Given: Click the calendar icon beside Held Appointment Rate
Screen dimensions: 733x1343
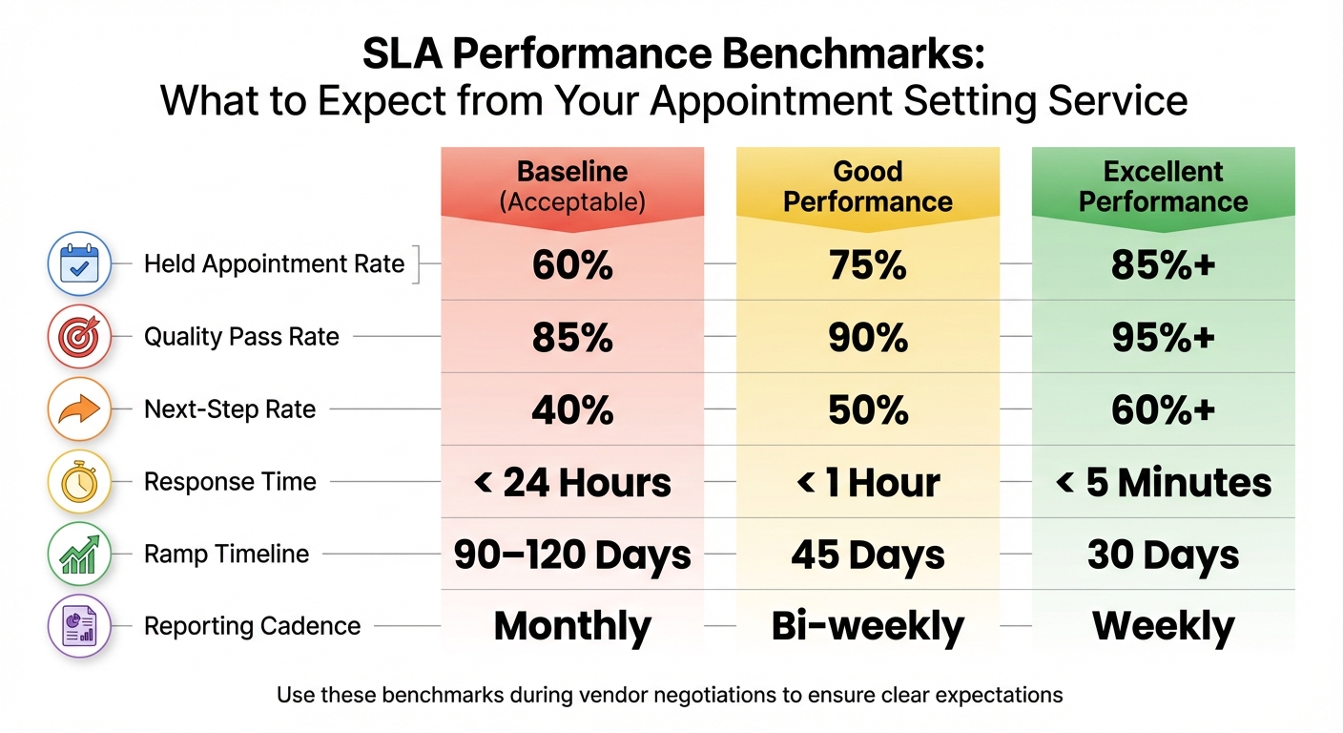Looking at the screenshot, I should pyautogui.click(x=79, y=263).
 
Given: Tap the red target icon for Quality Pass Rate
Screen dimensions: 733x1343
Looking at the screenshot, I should pyautogui.click(x=79, y=336).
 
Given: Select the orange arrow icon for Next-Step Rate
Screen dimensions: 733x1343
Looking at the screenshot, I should pyautogui.click(x=79, y=409).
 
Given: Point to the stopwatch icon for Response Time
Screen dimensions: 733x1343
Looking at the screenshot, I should pyautogui.click(x=79, y=482).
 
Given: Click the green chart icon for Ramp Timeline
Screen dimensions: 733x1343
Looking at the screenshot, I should pyautogui.click(x=79, y=555).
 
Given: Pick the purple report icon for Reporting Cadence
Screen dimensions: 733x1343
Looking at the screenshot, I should pyautogui.click(x=79, y=627).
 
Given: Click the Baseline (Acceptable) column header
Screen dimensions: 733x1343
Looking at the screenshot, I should pyautogui.click(x=572, y=186).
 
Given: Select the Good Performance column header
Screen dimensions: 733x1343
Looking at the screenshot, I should pyautogui.click(x=867, y=186).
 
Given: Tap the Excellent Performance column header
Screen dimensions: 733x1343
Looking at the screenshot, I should pyautogui.click(x=1163, y=186).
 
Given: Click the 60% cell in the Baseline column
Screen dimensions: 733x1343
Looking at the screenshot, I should pyautogui.click(x=572, y=265).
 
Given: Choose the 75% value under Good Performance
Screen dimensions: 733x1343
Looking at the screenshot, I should pyautogui.click(x=867, y=265).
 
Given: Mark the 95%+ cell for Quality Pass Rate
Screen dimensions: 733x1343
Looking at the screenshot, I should pyautogui.click(x=1163, y=338).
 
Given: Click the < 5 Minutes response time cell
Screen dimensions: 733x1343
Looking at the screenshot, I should pyautogui.click(x=1163, y=483).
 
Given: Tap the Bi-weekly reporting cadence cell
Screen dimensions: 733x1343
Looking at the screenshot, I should pyautogui.click(x=867, y=627).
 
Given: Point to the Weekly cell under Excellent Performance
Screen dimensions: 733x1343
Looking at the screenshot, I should pyautogui.click(x=1163, y=627).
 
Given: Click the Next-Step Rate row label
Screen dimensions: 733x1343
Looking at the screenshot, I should pyautogui.click(x=229, y=409).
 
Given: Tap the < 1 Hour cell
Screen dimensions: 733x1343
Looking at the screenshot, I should pyautogui.click(x=867, y=483).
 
